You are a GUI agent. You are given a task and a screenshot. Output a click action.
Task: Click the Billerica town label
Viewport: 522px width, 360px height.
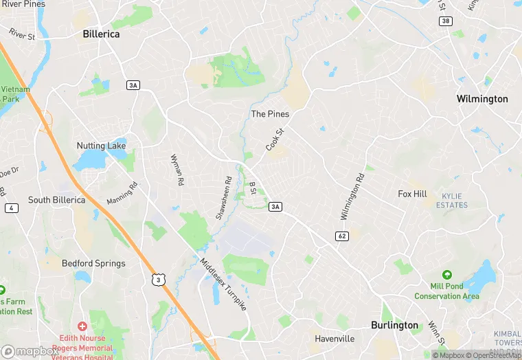coord(101,34)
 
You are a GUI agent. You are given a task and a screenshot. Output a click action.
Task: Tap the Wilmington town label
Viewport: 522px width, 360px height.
coord(482,99)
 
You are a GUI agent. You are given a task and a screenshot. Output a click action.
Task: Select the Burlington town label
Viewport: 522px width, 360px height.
coord(394,325)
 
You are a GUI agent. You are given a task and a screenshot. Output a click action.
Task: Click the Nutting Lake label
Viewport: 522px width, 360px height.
coord(101,146)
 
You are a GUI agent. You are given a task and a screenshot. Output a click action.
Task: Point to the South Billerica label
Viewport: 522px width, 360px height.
coord(57,200)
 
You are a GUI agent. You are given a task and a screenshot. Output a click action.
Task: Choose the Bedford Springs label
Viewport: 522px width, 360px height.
coord(93,263)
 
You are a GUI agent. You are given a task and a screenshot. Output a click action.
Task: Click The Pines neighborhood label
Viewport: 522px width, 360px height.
coord(270,113)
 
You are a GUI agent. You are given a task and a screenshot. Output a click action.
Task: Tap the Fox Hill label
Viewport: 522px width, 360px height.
coord(412,194)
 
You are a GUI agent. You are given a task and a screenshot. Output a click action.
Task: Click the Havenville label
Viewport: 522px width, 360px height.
coord(334,339)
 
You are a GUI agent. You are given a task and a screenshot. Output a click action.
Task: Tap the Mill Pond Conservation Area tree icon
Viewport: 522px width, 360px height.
coord(447,275)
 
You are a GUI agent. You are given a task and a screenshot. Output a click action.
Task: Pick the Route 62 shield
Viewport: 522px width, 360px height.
coord(341,236)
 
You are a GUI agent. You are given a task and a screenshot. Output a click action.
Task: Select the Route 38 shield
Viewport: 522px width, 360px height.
coord(446,21)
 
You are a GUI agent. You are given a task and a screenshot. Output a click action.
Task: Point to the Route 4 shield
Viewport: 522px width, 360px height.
coord(11,208)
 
